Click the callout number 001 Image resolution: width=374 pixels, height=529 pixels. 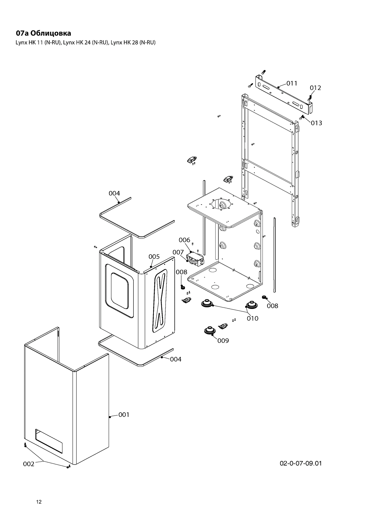coord(124,415)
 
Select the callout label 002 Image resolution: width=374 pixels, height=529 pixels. coord(29,464)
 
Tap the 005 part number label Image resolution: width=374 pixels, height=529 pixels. coord(154,256)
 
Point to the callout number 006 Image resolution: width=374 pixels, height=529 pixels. coord(184,240)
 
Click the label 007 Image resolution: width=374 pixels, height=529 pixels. coord(178,252)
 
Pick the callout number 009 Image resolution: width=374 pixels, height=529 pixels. coord(223,340)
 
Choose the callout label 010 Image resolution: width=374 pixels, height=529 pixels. coord(253,318)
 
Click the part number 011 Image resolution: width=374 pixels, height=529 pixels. coord(292,83)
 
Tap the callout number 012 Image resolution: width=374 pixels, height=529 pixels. coord(315,87)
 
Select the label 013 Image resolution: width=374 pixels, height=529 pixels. coord(316,123)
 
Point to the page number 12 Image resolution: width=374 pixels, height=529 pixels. coord(39,502)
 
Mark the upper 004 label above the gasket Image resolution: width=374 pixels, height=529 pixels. coord(114,193)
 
